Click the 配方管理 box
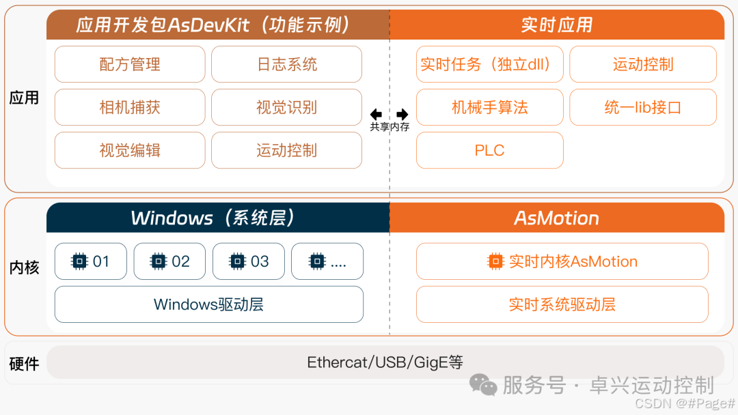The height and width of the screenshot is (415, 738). coord(130,64)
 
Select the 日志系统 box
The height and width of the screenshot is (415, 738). coord(287,64)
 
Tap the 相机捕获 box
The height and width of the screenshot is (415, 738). coord(130,107)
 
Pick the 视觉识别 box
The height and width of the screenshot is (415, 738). coord(287,107)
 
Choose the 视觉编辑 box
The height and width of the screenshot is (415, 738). coord(130,150)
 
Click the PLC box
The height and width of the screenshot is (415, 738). coord(489,150)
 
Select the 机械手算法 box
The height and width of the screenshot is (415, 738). coord(489,107)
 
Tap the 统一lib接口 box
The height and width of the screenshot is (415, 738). coord(642,107)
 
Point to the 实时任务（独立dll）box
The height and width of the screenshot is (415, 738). coord(489,64)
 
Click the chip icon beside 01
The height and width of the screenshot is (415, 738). coord(79,261)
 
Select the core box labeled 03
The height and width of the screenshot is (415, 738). coord(249,261)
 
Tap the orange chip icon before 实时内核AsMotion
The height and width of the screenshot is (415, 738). coord(495,261)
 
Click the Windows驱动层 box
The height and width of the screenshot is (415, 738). coord(208,304)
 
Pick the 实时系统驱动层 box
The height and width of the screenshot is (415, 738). coord(562,304)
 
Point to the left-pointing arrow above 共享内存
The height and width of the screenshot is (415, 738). coord(376,114)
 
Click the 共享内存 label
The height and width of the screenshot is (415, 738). coord(389,126)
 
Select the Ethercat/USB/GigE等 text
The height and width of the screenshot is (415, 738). coord(385,362)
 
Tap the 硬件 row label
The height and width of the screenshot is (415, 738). coord(24,363)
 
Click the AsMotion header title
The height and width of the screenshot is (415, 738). coord(556,218)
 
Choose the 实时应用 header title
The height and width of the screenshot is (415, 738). coord(556,25)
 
